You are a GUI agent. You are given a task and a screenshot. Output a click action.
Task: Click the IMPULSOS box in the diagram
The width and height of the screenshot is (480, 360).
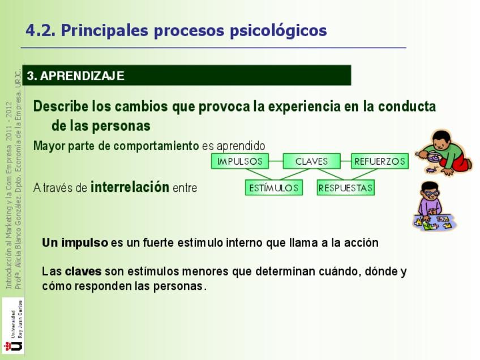[x=239, y=161]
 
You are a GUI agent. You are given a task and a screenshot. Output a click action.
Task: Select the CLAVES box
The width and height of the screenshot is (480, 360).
[x=312, y=161]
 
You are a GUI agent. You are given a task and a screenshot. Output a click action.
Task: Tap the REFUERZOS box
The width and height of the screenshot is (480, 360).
[x=380, y=161]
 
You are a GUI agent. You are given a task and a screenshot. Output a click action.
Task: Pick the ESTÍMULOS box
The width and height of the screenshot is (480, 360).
[x=273, y=187]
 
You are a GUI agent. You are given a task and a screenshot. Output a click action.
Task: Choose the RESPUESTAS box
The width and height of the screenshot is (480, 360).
[x=346, y=187]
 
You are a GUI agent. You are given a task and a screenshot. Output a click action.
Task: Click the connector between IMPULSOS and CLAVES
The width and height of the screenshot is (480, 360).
[x=276, y=161]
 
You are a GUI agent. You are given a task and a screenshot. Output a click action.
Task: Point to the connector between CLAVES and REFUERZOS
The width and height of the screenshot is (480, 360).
[x=346, y=161]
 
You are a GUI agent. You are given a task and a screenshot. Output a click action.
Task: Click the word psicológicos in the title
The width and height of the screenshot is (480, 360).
[x=278, y=31]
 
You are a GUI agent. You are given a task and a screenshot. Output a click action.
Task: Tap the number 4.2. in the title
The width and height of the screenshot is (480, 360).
[x=40, y=31]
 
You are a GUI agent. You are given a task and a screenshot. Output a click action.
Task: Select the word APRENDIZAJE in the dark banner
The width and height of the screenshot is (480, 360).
[x=82, y=76]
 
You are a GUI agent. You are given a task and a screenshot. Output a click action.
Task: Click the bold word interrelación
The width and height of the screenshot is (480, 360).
[x=130, y=187]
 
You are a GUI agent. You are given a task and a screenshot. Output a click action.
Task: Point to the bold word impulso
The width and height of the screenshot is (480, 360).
[x=85, y=243]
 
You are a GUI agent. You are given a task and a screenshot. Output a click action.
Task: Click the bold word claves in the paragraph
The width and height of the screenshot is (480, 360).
[x=83, y=271]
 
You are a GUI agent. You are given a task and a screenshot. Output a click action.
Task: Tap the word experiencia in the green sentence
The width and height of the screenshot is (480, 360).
[x=305, y=107]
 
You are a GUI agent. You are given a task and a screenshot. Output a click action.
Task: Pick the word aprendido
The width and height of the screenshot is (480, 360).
[x=241, y=147]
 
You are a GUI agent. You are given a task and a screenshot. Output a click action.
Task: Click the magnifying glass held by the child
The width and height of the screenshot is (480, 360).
[x=430, y=156]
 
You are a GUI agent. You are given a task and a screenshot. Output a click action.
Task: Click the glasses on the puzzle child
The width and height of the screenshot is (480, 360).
[x=431, y=194]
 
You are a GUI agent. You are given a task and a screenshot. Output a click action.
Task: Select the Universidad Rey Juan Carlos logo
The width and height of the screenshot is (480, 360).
[x=13, y=325]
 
